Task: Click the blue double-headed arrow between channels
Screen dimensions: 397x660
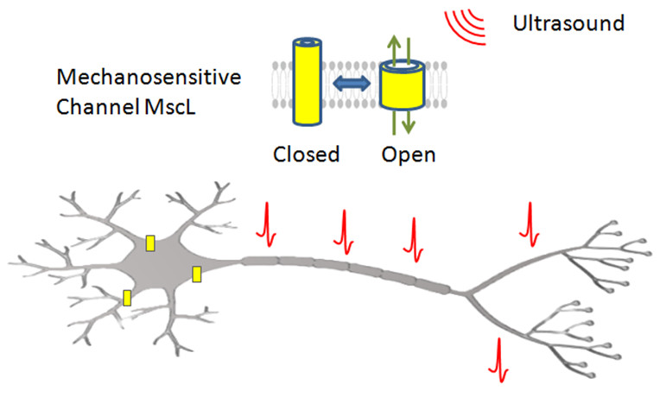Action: pyautogui.click(x=351, y=84)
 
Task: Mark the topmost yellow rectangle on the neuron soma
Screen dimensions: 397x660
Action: pyautogui.click(x=150, y=243)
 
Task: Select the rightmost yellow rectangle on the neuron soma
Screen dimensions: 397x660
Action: pyautogui.click(x=197, y=274)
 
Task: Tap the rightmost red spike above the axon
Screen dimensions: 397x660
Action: pyautogui.click(x=529, y=225)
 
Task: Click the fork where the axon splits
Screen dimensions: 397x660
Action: pyautogui.click(x=471, y=294)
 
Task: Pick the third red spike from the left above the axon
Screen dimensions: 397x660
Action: pyautogui.click(x=415, y=236)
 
